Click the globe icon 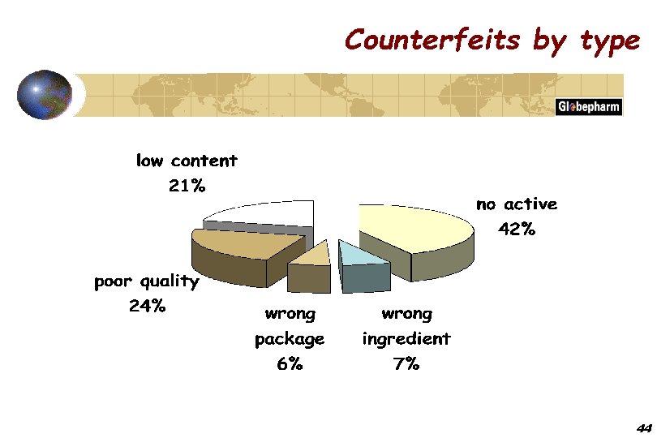pos(45,96)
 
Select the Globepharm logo pos(588,107)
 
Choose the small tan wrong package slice pos(312,255)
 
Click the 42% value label pos(517,230)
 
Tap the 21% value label pos(187,186)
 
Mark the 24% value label pos(147,307)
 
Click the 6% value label pos(290,364)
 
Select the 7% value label pos(406,364)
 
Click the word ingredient pos(406,338)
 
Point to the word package pos(290,338)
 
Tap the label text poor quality pos(147,282)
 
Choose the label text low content pos(187,161)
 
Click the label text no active pos(517,204)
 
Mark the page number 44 pos(645,427)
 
